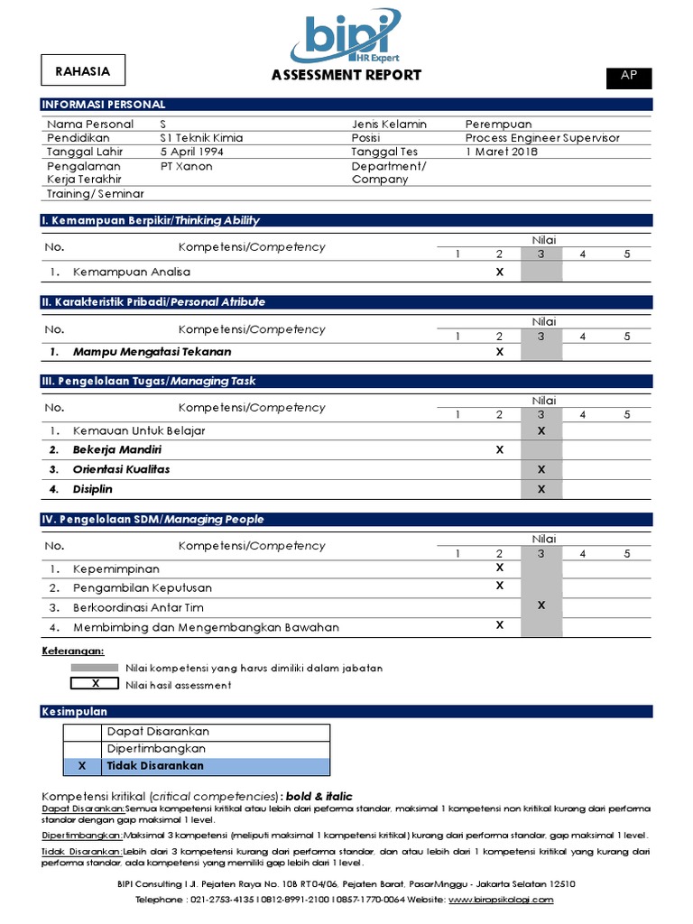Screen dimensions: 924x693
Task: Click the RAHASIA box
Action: point(83,71)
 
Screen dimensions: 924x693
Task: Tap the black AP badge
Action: point(628,77)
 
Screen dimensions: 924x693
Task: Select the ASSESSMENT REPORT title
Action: point(346,75)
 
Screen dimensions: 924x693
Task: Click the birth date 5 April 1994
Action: point(193,152)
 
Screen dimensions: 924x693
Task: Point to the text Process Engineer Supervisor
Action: point(542,138)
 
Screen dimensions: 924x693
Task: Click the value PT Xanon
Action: point(187,166)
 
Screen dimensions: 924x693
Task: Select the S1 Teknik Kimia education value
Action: point(201,138)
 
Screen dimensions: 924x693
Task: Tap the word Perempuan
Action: point(498,124)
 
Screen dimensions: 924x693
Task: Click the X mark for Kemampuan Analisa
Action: point(499,272)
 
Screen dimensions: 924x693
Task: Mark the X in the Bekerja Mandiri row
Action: point(499,449)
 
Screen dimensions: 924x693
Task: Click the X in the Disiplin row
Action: point(541,489)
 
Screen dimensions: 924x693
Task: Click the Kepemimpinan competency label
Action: point(116,568)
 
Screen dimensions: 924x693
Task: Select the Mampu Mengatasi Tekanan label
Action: point(152,352)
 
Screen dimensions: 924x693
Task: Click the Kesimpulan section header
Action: point(75,712)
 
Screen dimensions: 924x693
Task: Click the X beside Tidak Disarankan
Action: point(82,766)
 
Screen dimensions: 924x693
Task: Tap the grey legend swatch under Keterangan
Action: point(95,668)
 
